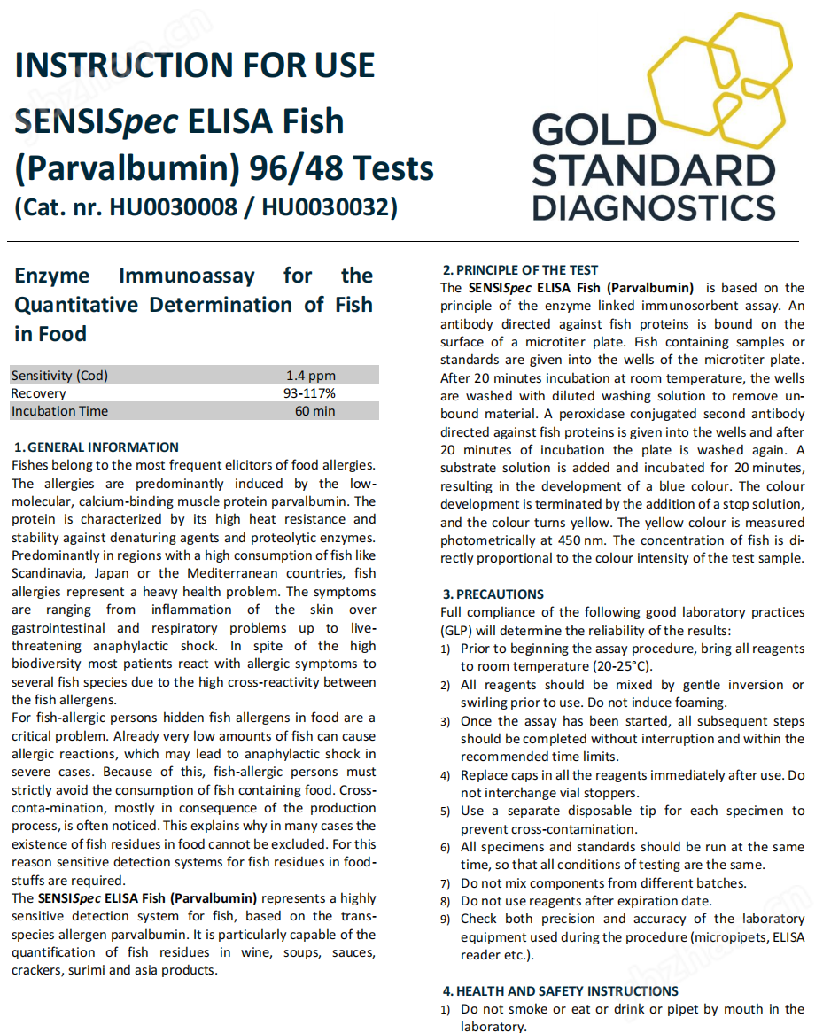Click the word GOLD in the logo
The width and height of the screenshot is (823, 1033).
click(x=592, y=131)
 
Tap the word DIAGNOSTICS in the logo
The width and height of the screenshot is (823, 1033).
click(x=654, y=206)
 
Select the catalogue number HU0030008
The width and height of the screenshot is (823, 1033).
click(x=173, y=207)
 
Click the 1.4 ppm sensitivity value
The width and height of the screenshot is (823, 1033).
click(x=311, y=376)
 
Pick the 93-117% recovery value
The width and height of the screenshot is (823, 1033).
click(x=309, y=393)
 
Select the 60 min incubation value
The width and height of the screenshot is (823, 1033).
click(x=314, y=411)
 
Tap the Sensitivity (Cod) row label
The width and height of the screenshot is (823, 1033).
click(x=59, y=376)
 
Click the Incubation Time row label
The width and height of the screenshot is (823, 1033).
click(x=59, y=411)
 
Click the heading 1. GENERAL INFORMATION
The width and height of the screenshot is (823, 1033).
click(x=97, y=447)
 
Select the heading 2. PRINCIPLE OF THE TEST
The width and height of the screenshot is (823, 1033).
click(x=521, y=270)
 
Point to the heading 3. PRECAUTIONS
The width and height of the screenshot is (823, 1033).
click(x=493, y=594)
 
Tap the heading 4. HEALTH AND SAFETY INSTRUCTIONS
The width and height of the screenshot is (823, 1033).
click(x=560, y=991)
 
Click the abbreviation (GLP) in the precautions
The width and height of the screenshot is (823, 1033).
click(x=457, y=631)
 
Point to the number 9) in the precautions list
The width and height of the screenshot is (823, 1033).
click(x=446, y=920)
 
